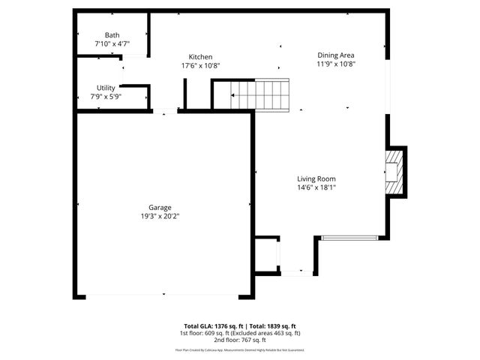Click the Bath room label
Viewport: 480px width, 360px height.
(x=112, y=35)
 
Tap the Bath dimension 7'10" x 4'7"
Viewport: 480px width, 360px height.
(x=112, y=44)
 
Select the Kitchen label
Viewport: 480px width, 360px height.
(x=200, y=57)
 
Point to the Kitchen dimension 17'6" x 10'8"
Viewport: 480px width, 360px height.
(x=200, y=66)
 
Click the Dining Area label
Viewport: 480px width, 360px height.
(x=335, y=55)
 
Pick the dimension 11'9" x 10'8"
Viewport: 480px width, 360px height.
(x=335, y=64)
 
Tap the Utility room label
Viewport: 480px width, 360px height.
(x=106, y=88)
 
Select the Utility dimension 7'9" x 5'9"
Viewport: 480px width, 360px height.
(x=106, y=97)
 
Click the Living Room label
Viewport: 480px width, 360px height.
(x=316, y=178)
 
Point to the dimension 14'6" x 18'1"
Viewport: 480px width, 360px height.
(x=316, y=187)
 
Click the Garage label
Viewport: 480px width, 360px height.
(x=160, y=207)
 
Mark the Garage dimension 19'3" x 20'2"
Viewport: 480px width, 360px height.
(x=160, y=216)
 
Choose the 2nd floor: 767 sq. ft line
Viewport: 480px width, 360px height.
(x=240, y=340)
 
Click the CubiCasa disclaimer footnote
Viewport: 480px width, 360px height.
(x=240, y=349)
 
